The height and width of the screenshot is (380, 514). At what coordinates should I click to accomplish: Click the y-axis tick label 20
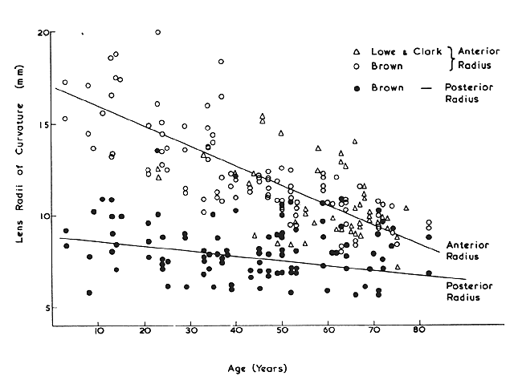click(44, 32)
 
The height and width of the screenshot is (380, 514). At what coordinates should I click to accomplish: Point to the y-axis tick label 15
click(44, 124)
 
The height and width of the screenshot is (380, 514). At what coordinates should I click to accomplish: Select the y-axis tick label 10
click(44, 216)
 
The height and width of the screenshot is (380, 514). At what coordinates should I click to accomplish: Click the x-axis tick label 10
click(98, 330)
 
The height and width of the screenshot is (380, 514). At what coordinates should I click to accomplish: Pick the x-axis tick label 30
click(190, 330)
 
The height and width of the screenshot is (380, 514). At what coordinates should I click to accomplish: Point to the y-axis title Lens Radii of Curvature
click(18, 168)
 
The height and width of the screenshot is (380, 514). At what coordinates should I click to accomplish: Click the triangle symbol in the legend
click(357, 49)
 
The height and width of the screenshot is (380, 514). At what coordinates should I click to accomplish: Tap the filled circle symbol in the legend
click(357, 86)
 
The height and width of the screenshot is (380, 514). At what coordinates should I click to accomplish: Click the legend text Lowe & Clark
click(397, 49)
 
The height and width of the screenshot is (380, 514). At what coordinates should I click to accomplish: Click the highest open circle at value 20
click(157, 32)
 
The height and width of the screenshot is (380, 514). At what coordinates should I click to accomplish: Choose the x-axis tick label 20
click(145, 330)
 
